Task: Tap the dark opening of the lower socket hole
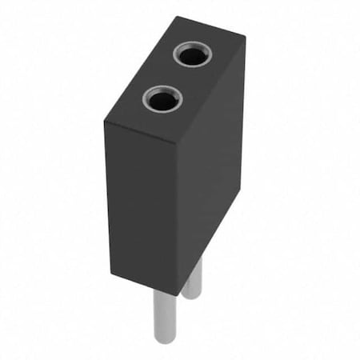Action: [162, 101]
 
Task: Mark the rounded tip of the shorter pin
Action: [192, 297]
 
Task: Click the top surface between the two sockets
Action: [177, 78]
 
